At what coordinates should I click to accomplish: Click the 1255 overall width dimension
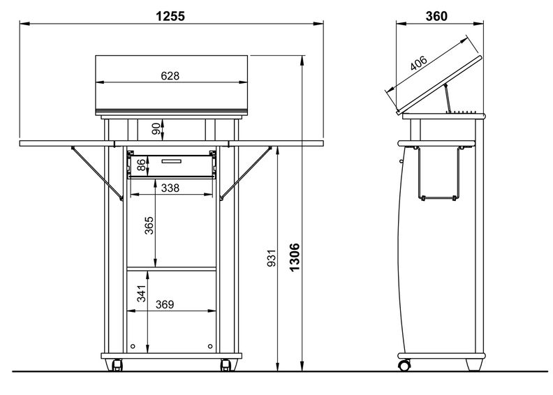pyautogui.click(x=170, y=16)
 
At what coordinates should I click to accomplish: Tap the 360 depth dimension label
pyautogui.click(x=436, y=16)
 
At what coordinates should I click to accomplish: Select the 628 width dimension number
pyautogui.click(x=170, y=76)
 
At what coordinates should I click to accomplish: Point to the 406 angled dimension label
pyautogui.click(x=419, y=63)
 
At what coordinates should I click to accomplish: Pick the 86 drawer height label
pyautogui.click(x=141, y=165)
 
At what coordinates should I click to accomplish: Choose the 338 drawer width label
pyautogui.click(x=170, y=188)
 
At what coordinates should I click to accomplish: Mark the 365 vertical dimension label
pyautogui.click(x=149, y=225)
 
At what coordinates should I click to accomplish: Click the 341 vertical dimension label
pyautogui.click(x=142, y=294)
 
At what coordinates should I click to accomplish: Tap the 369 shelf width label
pyautogui.click(x=165, y=304)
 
